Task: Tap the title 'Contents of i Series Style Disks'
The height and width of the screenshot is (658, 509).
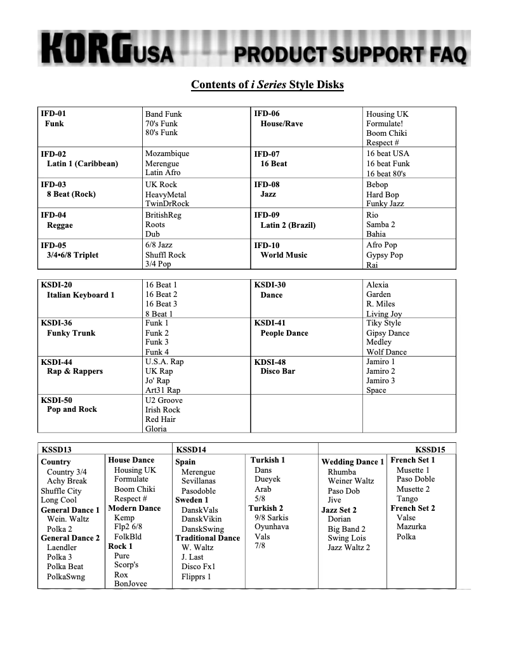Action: pos(267,84)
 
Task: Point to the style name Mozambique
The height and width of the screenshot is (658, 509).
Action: pos(167,154)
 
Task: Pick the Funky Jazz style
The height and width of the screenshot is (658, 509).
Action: pos(385,204)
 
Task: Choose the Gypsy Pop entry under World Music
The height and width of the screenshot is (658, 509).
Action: pos(385,255)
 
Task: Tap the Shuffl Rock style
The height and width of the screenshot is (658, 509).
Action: pos(166,255)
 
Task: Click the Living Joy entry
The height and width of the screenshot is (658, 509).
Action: pos(384,314)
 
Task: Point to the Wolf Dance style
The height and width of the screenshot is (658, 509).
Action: pos(387,352)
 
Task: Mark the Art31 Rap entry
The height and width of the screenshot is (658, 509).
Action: pos(162,390)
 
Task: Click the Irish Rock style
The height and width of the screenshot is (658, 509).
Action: pos(162,410)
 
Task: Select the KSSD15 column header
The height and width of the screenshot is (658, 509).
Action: pos(430,450)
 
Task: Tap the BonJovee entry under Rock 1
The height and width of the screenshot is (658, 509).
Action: pos(130,584)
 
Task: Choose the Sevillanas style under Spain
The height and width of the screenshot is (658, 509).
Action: pos(198,481)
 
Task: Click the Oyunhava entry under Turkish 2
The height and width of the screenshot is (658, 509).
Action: pos(272,527)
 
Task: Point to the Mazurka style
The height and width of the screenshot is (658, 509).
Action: pos(411,527)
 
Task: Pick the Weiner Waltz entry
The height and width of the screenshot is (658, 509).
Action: pos(351,481)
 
